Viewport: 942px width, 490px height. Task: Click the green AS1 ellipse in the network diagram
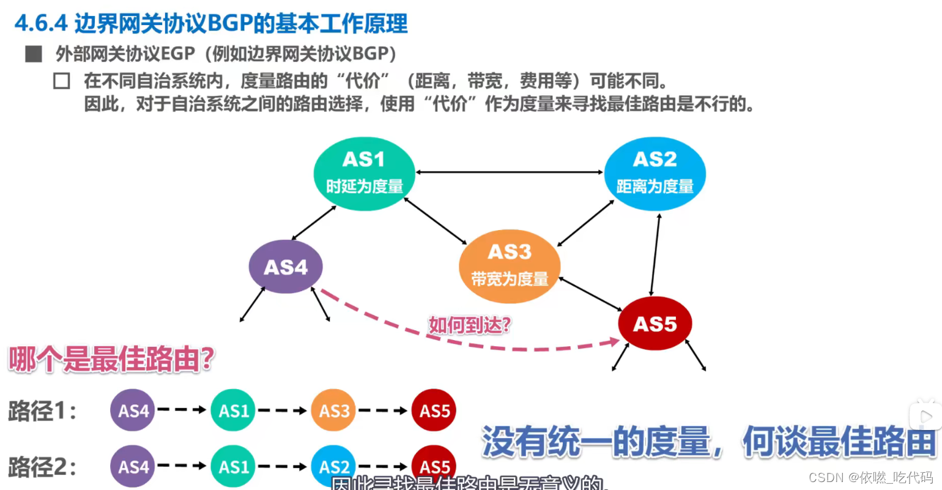pyautogui.click(x=364, y=173)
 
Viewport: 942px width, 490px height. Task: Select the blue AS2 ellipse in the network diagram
pyautogui.click(x=655, y=173)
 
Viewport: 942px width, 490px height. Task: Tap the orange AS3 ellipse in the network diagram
pyautogui.click(x=510, y=266)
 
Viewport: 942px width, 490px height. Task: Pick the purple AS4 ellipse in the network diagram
pyautogui.click(x=285, y=267)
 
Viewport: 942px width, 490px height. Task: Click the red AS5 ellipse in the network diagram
pyautogui.click(x=655, y=324)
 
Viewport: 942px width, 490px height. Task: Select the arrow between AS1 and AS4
pyautogui.click(x=314, y=223)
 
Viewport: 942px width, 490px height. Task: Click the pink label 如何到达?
pyautogui.click(x=469, y=325)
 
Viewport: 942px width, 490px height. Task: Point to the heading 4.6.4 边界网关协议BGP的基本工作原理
pyautogui.click(x=211, y=24)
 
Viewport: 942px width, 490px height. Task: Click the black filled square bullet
pyautogui.click(x=34, y=54)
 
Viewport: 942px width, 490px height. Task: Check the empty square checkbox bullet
pyautogui.click(x=61, y=81)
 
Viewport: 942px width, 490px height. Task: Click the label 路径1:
pyautogui.click(x=42, y=411)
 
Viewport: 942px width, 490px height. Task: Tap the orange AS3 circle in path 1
pyautogui.click(x=333, y=410)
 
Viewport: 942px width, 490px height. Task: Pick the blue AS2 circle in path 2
pyautogui.click(x=333, y=467)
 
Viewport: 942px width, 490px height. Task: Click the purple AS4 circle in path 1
pyautogui.click(x=133, y=410)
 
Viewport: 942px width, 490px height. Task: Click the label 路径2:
pyautogui.click(x=42, y=467)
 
